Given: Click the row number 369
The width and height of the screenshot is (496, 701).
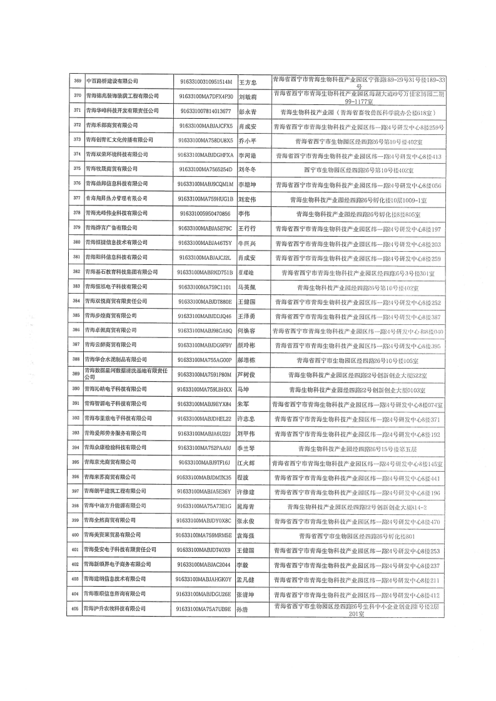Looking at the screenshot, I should pyautogui.click(x=77, y=81).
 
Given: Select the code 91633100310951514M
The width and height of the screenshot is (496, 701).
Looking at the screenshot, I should pyautogui.click(x=205, y=81).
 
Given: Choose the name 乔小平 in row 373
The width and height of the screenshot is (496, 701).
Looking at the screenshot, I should pyautogui.click(x=247, y=140).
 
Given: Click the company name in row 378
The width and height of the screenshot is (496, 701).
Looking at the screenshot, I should pyautogui.click(x=121, y=213).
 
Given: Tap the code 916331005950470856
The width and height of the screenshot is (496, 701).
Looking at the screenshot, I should pyautogui.click(x=205, y=213).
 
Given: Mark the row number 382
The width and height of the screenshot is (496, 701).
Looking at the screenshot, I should pyautogui.click(x=77, y=272).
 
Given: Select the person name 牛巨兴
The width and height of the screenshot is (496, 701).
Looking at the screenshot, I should pyautogui.click(x=247, y=242).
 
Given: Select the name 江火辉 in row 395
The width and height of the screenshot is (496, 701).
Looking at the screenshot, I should pyautogui.click(x=247, y=462).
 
